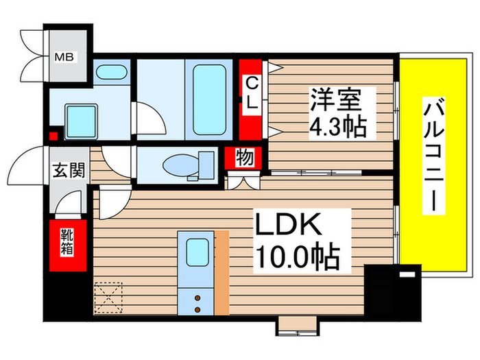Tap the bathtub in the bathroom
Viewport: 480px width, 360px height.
click(209, 99)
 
